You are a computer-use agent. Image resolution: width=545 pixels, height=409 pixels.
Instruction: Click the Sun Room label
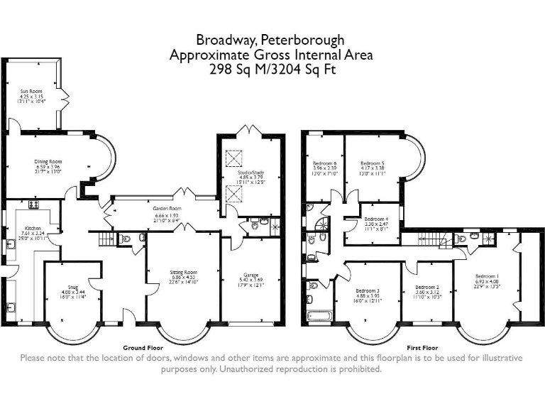[x=32, y=91]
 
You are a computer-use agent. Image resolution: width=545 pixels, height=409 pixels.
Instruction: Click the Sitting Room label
[x=183, y=272]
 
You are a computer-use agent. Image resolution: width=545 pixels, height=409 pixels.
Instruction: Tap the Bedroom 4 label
[x=377, y=219]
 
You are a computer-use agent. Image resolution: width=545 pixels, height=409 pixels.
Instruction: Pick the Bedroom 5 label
[x=372, y=163]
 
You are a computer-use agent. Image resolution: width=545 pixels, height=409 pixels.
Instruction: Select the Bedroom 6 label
[x=324, y=163]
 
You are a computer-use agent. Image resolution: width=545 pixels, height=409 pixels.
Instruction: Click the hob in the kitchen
[x=33, y=205]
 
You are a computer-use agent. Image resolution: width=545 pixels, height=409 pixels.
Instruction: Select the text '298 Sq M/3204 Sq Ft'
[x=272, y=70]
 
